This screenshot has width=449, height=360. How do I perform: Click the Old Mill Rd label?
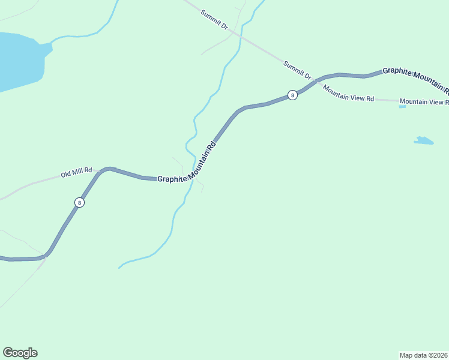tap(76, 173)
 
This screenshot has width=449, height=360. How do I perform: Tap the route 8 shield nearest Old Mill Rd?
tap(79, 202)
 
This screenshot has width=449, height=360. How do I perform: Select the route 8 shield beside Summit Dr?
tap(292, 95)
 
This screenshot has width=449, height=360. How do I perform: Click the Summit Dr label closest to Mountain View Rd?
tap(298, 70)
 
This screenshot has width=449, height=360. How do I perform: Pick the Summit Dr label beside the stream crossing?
tap(215, 19)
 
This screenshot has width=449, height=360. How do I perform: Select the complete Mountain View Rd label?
tap(348, 94)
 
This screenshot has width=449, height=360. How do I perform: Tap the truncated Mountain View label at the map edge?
tap(424, 102)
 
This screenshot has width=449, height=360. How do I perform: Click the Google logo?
tap(20, 353)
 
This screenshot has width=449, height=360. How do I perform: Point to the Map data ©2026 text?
tap(423, 355)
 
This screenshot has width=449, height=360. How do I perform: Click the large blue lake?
tap(18, 60)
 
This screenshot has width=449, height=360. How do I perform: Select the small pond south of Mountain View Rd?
tap(424, 141)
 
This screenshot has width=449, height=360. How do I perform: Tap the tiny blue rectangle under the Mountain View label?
tap(402, 107)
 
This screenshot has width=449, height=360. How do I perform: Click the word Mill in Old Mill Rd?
tap(76, 173)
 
